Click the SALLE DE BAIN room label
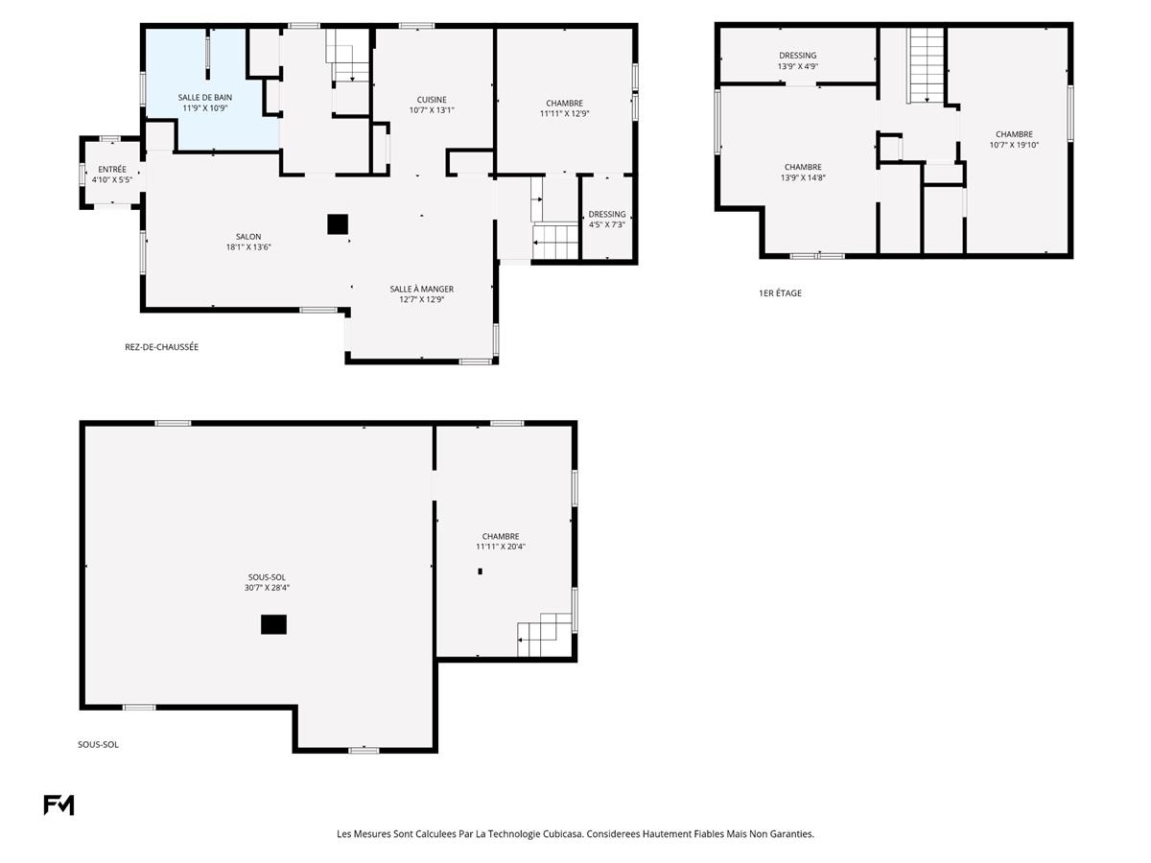pos(204,98)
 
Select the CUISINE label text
pos(431,100)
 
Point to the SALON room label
pos(248,237)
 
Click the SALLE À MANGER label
pos(421,289)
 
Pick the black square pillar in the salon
pos(337,224)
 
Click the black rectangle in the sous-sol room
pos(273,624)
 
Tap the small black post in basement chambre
pos(480,571)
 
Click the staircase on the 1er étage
pos(927,65)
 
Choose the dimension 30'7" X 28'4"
pos(267,588)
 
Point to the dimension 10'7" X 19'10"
pos(1014,146)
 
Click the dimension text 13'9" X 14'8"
pos(803,177)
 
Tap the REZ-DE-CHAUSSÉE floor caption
pos(161,347)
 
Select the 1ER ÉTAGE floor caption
pos(780,293)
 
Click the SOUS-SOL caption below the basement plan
pos(98,744)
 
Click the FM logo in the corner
pos(59,805)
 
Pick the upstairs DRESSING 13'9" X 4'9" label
pos(797,56)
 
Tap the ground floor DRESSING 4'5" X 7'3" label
pos(606,214)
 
